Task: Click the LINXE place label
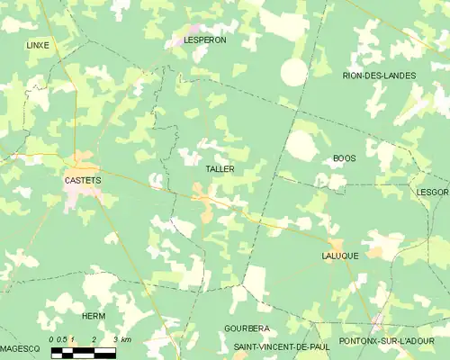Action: [x=38, y=44]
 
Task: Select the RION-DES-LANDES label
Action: [x=379, y=76]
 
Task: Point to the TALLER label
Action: [x=220, y=169]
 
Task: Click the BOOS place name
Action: [x=344, y=158]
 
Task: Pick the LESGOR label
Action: [x=433, y=192]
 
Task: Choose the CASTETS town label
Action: [x=83, y=180]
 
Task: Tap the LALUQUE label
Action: [x=340, y=256]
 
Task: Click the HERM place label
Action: [x=94, y=317]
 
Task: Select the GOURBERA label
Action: [x=246, y=328]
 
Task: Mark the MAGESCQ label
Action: [x=20, y=347]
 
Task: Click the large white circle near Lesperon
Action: [x=293, y=72]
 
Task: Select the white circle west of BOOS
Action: [x=301, y=145]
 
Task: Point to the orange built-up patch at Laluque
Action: [x=337, y=245]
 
